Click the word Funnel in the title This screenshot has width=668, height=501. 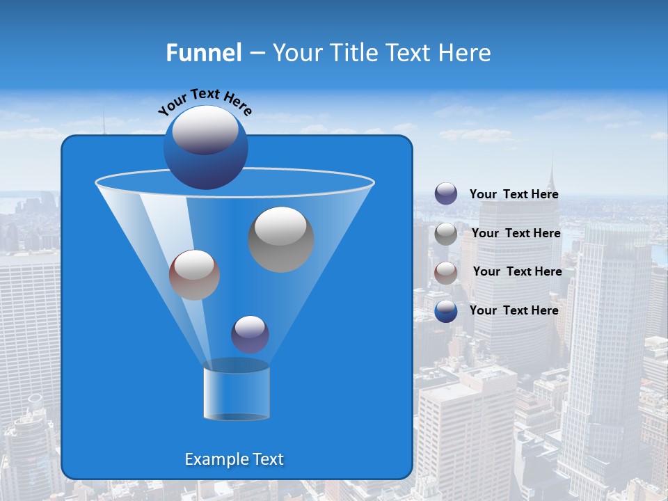[x=203, y=53]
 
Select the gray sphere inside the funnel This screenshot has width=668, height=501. [x=280, y=240]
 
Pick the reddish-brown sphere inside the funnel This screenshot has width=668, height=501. [x=194, y=275]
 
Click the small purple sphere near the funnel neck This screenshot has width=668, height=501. [x=250, y=335]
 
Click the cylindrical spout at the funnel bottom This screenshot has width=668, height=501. [x=236, y=393]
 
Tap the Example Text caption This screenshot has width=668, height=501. [x=234, y=459]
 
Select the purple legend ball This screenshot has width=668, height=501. [x=446, y=194]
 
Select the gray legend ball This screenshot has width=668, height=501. [x=446, y=234]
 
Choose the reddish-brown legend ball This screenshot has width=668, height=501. [x=446, y=272]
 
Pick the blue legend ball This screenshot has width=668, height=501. [x=446, y=311]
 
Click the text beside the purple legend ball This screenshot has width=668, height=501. [x=514, y=194]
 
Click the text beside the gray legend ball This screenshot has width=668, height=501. [x=516, y=233]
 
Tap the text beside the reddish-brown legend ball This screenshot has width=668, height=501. [x=517, y=271]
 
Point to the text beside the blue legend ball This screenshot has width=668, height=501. [x=514, y=310]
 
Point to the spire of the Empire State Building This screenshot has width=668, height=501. [x=550, y=170]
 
